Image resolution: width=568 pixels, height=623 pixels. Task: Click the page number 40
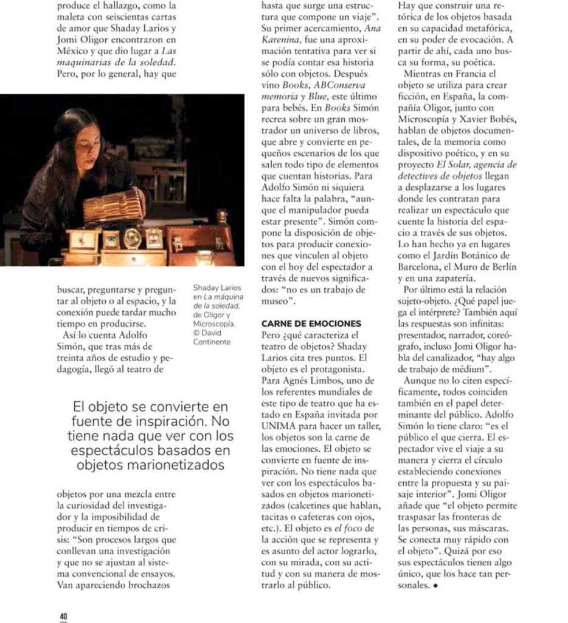click(63, 616)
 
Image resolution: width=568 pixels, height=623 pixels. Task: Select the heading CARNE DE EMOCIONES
click(311, 323)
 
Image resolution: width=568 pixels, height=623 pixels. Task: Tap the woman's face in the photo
click(87, 148)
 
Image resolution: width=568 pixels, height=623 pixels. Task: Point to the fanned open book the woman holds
click(112, 206)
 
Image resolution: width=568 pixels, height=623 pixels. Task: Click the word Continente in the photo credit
click(212, 342)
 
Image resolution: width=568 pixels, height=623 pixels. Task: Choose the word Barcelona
click(421, 266)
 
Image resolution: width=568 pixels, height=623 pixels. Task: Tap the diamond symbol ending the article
click(435, 586)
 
